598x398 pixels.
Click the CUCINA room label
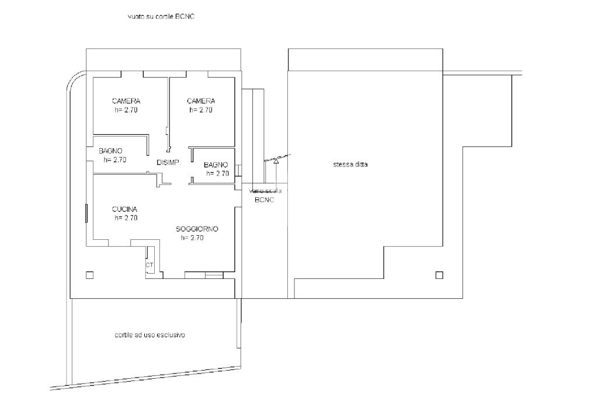pyautogui.click(x=124, y=209)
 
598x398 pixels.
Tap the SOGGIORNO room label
pyautogui.click(x=197, y=229)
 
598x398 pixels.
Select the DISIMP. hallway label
pyautogui.click(x=169, y=162)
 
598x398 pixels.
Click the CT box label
pyautogui.click(x=149, y=264)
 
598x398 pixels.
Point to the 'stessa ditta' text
pyautogui.click(x=350, y=165)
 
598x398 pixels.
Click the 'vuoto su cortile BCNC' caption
pyautogui.click(x=161, y=16)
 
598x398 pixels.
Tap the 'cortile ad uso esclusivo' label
pyautogui.click(x=150, y=335)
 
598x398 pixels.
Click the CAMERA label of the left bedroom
pyautogui.click(x=126, y=100)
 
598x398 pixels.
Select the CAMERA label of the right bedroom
pyautogui.click(x=201, y=100)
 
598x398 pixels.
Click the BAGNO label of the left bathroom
pyautogui.click(x=110, y=151)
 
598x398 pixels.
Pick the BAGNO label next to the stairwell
pyautogui.click(x=215, y=165)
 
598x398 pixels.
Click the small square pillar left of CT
pyautogui.click(x=89, y=275)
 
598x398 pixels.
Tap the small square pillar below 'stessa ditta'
pyautogui.click(x=439, y=275)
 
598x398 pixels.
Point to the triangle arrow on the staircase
pyautogui.click(x=276, y=161)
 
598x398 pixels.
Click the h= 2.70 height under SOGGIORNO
pyautogui.click(x=192, y=238)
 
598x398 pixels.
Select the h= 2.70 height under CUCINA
pyautogui.click(x=126, y=218)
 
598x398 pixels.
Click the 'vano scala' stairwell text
pyautogui.click(x=265, y=191)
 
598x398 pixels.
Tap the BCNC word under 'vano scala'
pyautogui.click(x=265, y=200)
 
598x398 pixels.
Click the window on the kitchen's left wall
pyautogui.click(x=86, y=213)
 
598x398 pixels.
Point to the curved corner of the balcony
pyautogui.click(x=73, y=78)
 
